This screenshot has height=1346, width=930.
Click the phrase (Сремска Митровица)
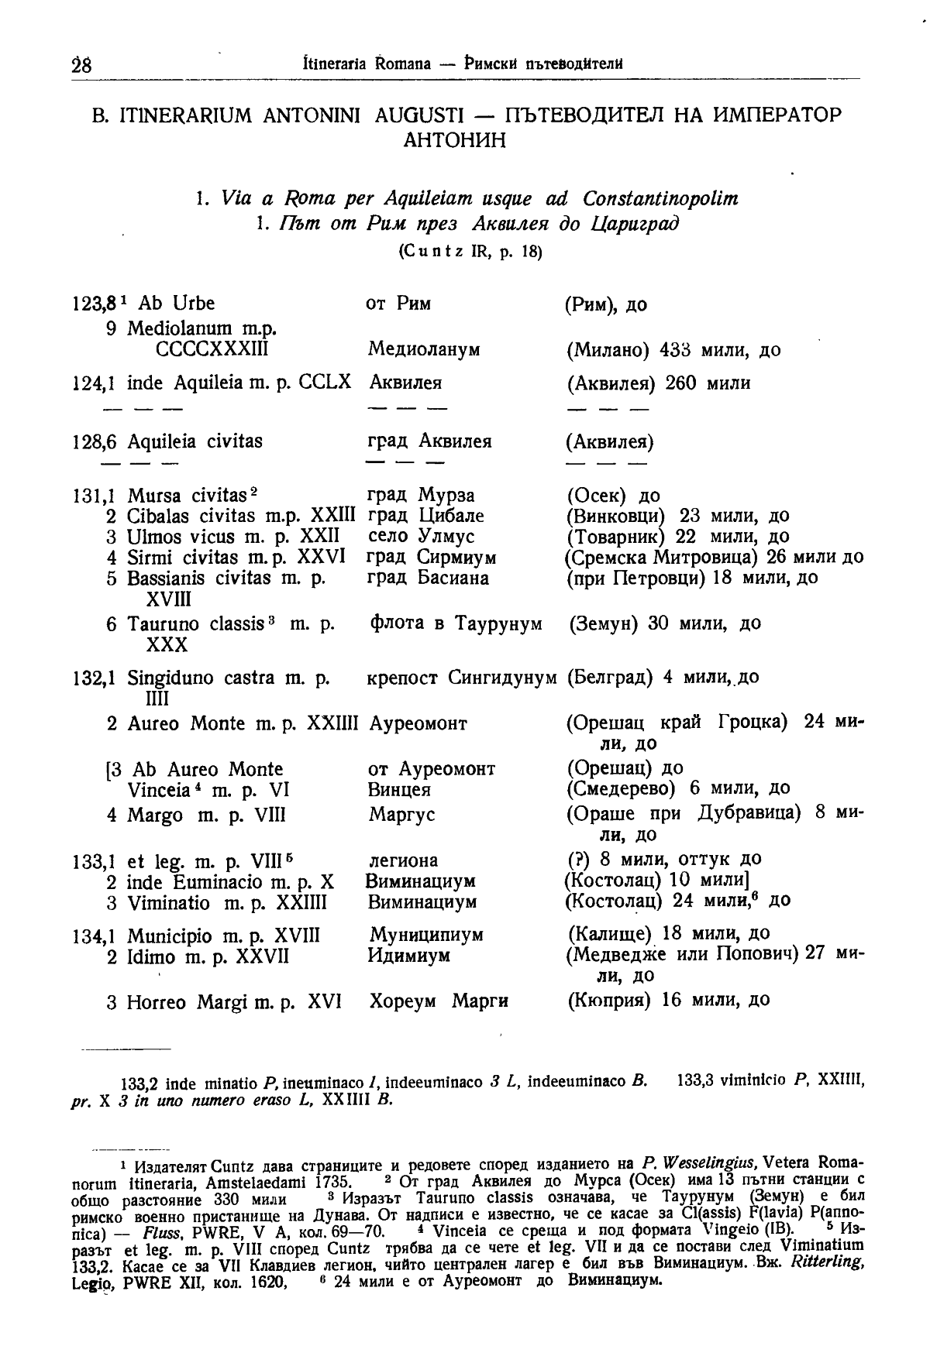click(x=662, y=558)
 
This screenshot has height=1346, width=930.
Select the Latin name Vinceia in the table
click(x=159, y=791)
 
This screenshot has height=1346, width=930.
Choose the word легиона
click(x=403, y=860)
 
